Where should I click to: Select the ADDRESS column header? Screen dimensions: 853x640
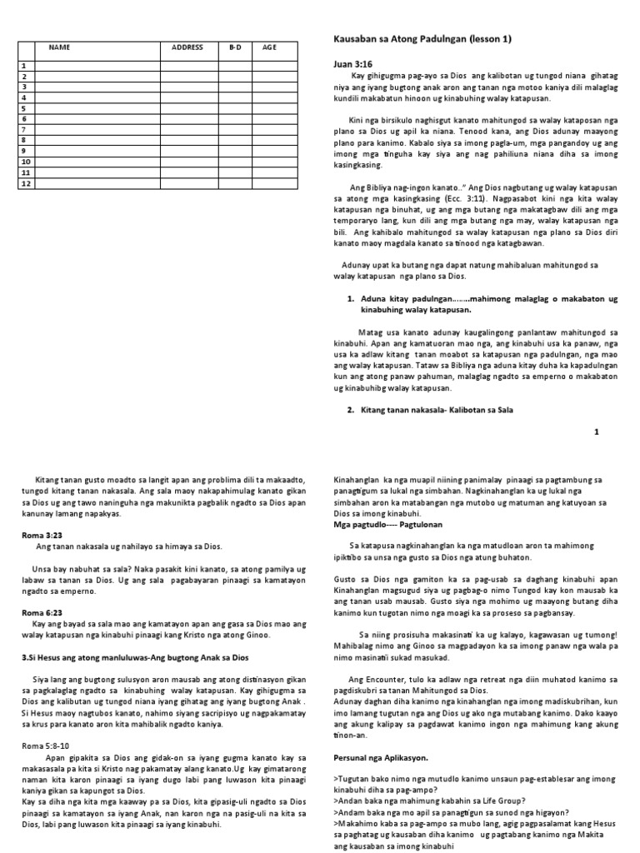point(187,47)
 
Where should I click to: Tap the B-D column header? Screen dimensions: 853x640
point(235,47)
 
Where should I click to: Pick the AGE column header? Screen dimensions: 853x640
point(269,47)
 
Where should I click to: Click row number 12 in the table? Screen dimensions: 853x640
point(24,182)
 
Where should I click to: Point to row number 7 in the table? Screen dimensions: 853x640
point(24,129)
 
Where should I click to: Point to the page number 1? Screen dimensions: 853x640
point(596,432)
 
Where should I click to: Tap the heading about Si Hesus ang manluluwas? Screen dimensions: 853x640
point(135,657)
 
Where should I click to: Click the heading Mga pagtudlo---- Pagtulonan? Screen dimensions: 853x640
point(387,526)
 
